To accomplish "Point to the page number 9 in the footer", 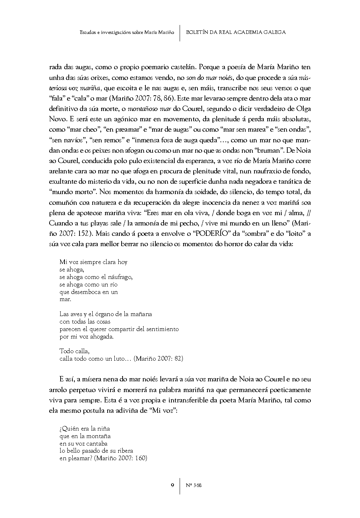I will click(173, 485).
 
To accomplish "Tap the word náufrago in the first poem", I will click(119, 277).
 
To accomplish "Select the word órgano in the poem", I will click(102, 314).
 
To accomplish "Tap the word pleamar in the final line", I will click(79, 458).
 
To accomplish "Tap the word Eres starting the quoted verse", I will click(153, 213).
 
